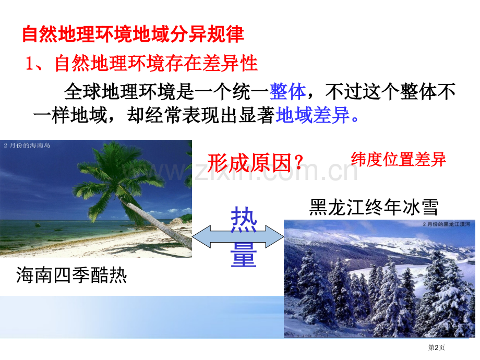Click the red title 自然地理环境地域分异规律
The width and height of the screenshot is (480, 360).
[x=133, y=34]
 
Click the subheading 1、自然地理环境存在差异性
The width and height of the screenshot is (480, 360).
[x=141, y=63]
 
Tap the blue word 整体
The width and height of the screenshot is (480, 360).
[x=288, y=91]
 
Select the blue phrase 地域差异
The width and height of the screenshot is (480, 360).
[x=313, y=115]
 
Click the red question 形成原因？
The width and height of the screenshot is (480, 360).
[x=255, y=163]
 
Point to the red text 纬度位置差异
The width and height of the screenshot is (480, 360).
[x=398, y=159]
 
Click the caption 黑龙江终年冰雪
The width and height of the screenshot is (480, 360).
[x=374, y=207]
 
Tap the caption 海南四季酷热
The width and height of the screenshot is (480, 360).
[x=71, y=274]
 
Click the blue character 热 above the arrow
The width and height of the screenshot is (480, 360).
[x=244, y=219]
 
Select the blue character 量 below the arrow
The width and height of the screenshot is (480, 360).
[x=244, y=254]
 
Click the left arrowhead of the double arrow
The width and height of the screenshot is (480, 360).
[x=201, y=237]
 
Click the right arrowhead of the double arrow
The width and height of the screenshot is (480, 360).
[x=274, y=237]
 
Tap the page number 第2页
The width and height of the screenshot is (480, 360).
[x=436, y=347]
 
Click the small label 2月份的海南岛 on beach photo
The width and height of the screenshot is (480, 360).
[x=27, y=146]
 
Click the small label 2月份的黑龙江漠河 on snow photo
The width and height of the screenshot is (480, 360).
[x=446, y=224]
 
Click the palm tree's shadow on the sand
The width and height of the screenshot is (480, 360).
[x=147, y=249]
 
